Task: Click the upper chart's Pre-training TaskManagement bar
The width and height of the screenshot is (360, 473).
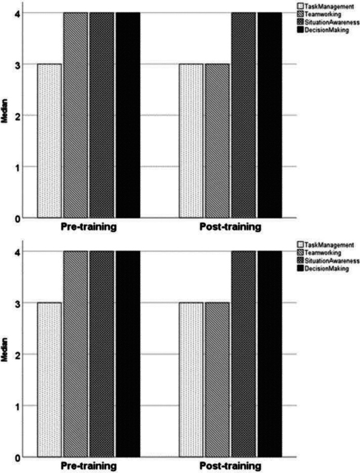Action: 50,141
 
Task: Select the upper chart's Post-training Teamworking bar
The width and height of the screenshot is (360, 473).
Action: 217,141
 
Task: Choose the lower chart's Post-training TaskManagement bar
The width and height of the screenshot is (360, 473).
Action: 191,379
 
